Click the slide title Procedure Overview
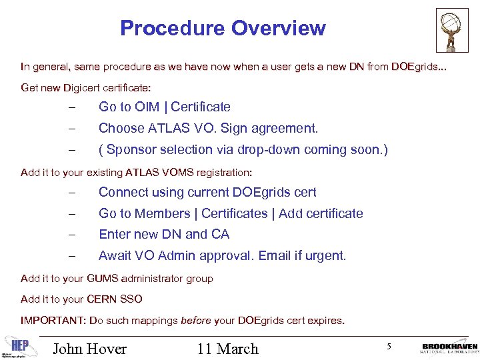[223, 28]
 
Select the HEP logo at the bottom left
[19, 344]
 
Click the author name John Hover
[89, 349]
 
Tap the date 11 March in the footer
[227, 349]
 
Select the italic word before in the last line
[197, 321]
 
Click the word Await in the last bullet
[115, 256]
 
